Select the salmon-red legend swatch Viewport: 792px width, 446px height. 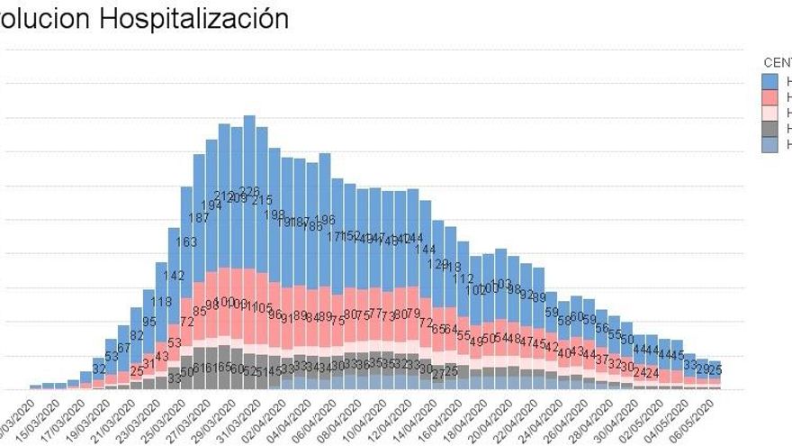[770, 96]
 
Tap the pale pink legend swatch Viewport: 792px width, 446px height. [770, 113]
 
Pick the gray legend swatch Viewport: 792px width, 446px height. [770, 129]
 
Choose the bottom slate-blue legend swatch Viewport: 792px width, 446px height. [770, 144]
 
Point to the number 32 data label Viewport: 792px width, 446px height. [99, 368]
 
